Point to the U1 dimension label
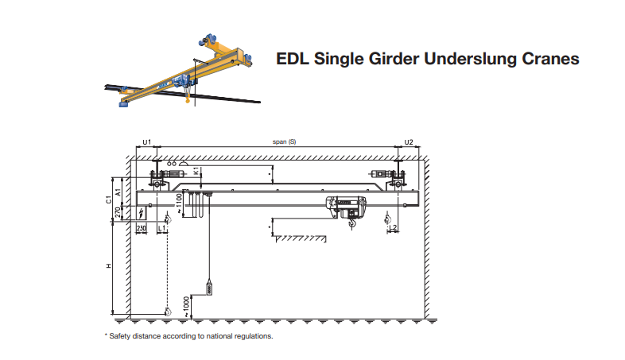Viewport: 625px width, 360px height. [146, 141]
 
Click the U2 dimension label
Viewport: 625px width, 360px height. [409, 141]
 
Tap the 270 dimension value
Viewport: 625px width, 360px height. [118, 212]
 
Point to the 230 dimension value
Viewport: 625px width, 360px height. [141, 229]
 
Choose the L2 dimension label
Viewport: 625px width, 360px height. [393, 229]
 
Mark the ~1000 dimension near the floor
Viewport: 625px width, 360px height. [187, 304]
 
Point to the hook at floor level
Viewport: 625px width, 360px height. [167, 312]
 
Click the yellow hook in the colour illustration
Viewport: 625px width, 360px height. [186, 99]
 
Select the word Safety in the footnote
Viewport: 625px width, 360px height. [121, 336]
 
